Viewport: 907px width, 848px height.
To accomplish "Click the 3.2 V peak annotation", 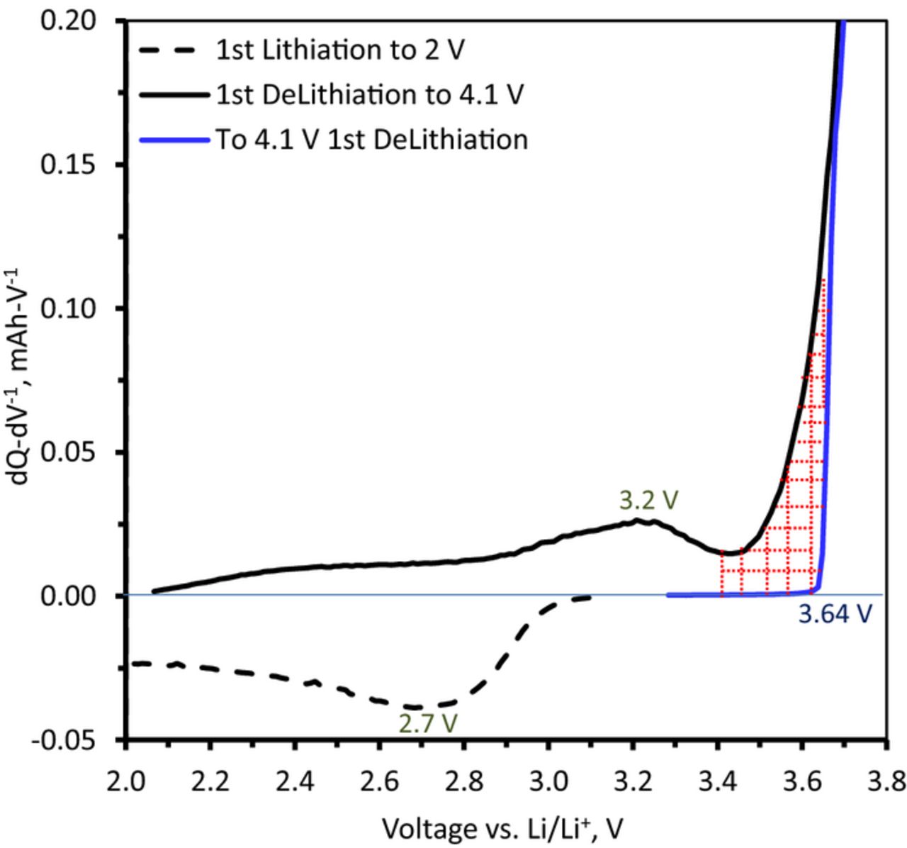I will tap(649, 501).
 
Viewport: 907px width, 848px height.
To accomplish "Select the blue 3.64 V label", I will tap(833, 614).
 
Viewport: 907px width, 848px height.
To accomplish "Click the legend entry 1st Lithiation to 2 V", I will tap(340, 50).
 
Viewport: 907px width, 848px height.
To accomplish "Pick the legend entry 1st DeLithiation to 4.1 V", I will tap(369, 94).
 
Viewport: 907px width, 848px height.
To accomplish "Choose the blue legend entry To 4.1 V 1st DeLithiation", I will tap(371, 139).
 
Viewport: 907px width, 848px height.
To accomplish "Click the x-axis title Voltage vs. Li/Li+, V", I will tap(504, 827).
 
